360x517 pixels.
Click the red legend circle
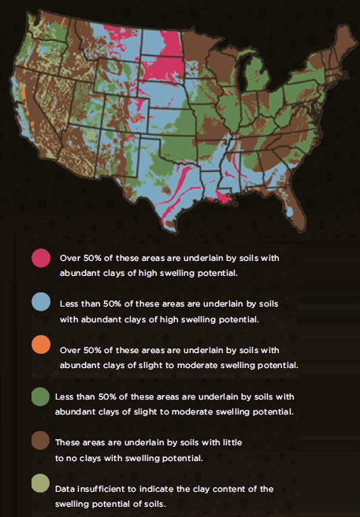(x=41, y=258)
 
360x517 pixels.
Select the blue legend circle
(x=41, y=303)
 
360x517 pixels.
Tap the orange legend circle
(x=41, y=348)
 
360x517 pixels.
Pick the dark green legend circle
(x=41, y=394)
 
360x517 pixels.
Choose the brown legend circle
(x=41, y=441)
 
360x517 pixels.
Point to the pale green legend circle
(x=41, y=483)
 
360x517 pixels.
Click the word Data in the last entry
(x=66, y=489)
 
